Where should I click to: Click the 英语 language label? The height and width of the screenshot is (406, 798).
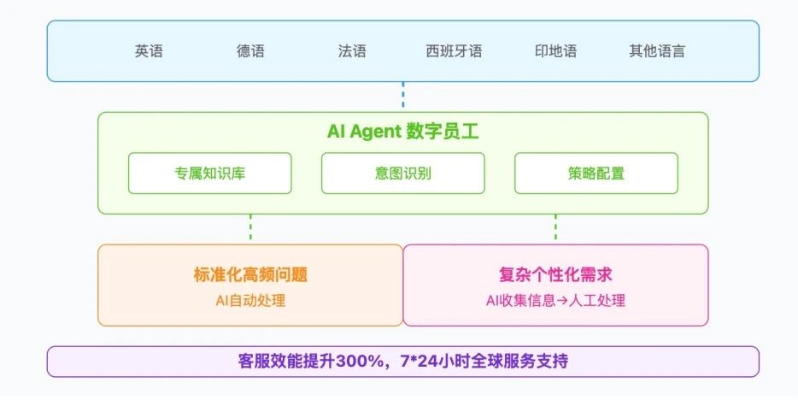pos(149,51)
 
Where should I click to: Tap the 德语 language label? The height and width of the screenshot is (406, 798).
pos(250,51)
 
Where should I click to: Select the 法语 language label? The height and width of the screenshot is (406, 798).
pos(352,51)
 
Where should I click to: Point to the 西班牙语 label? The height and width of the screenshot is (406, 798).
pos(454,51)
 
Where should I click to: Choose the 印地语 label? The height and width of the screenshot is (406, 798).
pos(555,51)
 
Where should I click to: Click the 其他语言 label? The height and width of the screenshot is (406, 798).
pos(657,51)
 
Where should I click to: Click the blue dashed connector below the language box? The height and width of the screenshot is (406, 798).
pos(403,95)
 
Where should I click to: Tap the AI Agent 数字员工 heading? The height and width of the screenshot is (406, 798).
pos(403,132)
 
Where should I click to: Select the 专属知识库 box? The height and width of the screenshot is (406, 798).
pos(209,174)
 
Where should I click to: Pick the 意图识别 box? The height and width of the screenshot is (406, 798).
pos(403,174)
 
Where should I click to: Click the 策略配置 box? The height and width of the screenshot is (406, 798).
pos(596,174)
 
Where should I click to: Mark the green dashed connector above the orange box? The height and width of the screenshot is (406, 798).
pos(250,227)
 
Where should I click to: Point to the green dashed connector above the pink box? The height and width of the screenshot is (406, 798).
pos(555,227)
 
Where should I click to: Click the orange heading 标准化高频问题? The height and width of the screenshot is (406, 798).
pos(250,274)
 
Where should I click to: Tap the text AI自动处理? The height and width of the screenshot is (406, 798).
pos(250,301)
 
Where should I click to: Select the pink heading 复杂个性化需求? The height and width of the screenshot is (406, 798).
pos(555,274)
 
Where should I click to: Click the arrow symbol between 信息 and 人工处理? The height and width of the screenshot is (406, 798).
pos(562,301)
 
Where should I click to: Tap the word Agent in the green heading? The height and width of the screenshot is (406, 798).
pos(376,132)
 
